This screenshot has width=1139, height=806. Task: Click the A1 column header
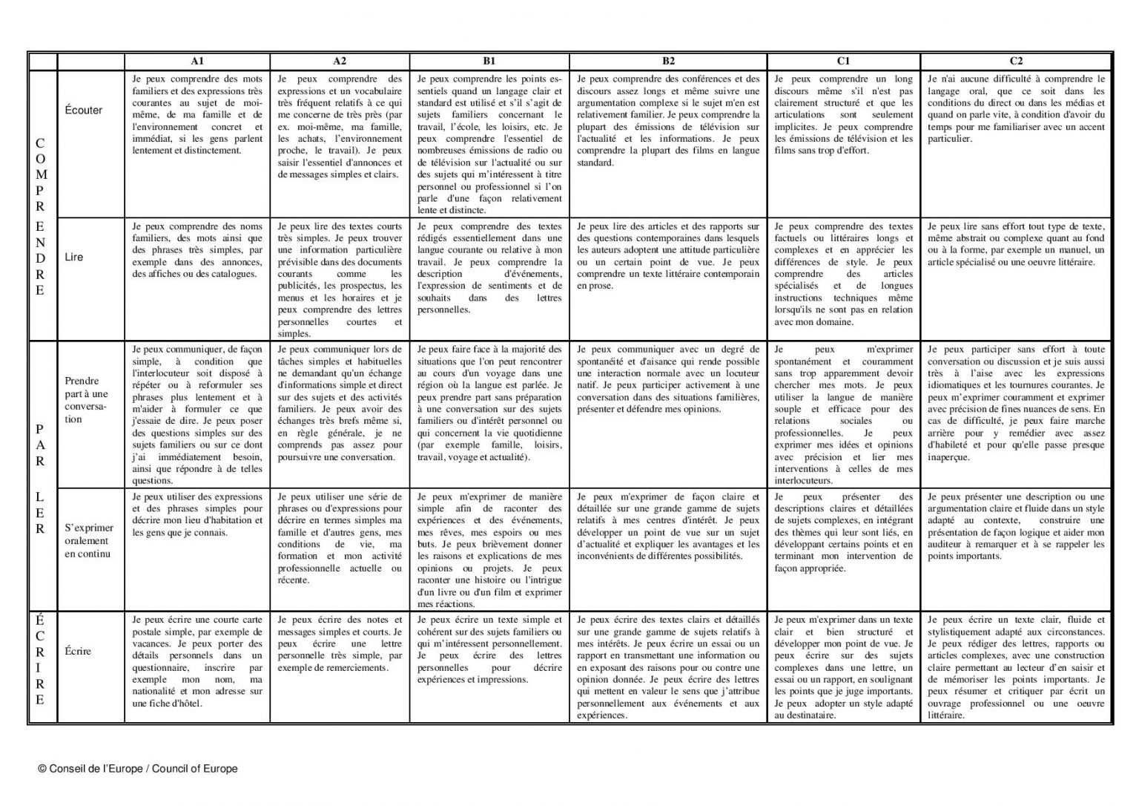coord(197,62)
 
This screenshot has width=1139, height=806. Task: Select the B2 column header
coord(667,62)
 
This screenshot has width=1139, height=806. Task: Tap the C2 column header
coord(1016,62)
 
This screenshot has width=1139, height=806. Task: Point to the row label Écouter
coord(84,110)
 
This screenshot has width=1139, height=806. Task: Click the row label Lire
coord(74,257)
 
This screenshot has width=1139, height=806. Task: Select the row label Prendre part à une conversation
coord(86,400)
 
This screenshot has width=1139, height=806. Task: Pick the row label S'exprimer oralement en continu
coord(89,540)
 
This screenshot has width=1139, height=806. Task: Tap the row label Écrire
coord(79,651)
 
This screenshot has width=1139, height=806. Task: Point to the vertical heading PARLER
coord(41,475)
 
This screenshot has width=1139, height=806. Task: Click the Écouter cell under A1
coord(197,115)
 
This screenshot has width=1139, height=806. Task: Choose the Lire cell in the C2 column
coord(1016,244)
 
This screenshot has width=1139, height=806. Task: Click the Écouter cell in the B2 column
coord(667,120)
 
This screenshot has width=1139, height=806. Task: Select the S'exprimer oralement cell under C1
coord(843,532)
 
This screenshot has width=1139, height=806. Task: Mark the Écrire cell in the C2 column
coord(1016,667)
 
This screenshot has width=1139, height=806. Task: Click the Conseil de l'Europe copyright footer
coord(138,769)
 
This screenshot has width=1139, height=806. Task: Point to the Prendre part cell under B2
coord(667,379)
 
